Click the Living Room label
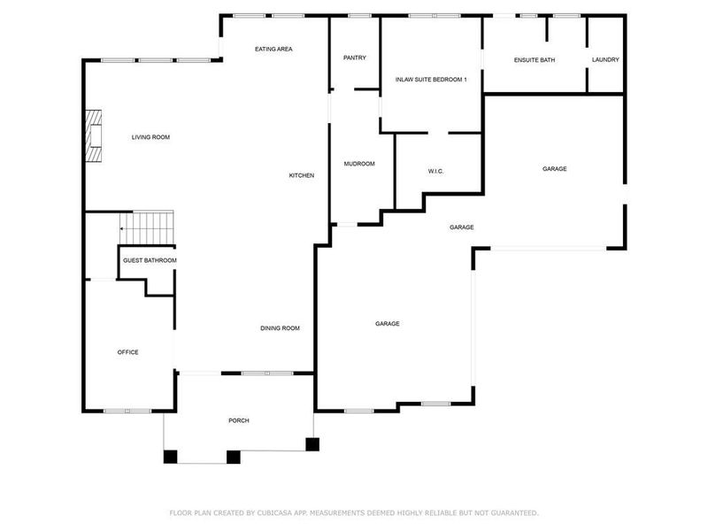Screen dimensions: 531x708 (x=150, y=137)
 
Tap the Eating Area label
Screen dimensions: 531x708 (x=273, y=49)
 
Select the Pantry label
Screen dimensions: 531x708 (x=355, y=58)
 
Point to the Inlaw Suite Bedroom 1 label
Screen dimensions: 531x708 (x=431, y=80)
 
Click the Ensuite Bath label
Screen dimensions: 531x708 (x=535, y=60)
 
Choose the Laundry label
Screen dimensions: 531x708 (x=605, y=60)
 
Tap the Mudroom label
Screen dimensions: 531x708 (x=359, y=164)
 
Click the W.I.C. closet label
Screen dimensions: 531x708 (x=435, y=171)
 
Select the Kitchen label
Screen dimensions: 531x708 (x=302, y=175)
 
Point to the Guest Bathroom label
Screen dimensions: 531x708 (x=150, y=261)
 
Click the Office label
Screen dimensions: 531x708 (x=128, y=352)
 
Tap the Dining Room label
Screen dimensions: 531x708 (x=280, y=328)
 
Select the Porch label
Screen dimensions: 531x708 (x=239, y=420)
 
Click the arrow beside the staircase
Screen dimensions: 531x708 (x=123, y=229)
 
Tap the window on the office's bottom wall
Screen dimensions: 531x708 (x=127, y=411)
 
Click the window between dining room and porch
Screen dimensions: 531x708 (x=267, y=373)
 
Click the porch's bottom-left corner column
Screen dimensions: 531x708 (x=171, y=457)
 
